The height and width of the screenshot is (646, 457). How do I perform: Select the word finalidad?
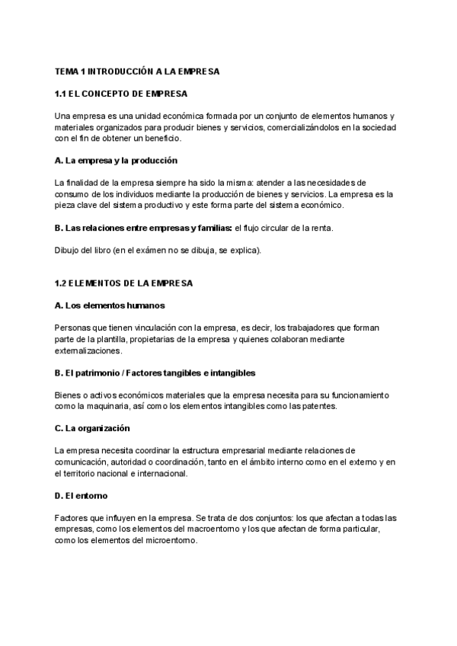(84, 183)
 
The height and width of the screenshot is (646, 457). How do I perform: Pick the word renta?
(321, 228)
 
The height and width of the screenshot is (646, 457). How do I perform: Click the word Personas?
(72, 328)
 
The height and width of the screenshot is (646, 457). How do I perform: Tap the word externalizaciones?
(88, 351)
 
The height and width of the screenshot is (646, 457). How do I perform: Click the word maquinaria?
(108, 407)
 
